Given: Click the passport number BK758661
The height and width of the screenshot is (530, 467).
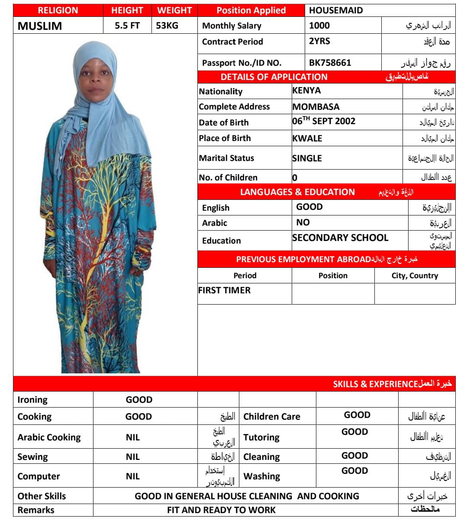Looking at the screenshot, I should click(330, 63).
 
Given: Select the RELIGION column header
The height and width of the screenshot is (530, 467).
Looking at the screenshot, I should click(58, 10).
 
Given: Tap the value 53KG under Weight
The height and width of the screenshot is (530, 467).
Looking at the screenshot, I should click(167, 26).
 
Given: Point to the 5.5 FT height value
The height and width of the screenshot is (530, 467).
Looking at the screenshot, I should click(127, 26).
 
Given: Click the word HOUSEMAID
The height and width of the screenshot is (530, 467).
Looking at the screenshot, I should click(336, 10).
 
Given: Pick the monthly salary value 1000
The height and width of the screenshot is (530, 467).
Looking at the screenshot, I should click(319, 26).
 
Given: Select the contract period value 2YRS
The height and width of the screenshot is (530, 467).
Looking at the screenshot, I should click(319, 42).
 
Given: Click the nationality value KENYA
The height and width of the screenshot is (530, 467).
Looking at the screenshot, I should click(306, 91).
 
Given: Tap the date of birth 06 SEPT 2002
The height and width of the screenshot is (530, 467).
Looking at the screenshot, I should click(324, 122).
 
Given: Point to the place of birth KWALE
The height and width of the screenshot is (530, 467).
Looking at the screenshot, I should click(307, 138).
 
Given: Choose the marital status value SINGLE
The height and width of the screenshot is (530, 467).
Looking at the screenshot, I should click(307, 158).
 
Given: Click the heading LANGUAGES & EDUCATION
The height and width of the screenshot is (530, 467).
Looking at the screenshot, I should click(297, 192).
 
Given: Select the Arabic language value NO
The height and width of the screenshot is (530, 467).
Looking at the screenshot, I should click(303, 222).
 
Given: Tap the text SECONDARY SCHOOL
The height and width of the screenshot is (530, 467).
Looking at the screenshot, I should click(340, 238).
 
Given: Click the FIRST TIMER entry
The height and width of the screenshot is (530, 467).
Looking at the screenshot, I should click(224, 290).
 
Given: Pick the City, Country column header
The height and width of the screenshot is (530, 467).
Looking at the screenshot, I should click(415, 276).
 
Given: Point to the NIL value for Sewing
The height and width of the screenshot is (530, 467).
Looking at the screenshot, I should click(133, 457).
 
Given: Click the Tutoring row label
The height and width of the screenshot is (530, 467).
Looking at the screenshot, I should click(261, 437).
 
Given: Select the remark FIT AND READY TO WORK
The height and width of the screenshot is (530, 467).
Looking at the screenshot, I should click(221, 510).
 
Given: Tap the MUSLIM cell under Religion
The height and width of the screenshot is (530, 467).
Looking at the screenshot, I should click(40, 26).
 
